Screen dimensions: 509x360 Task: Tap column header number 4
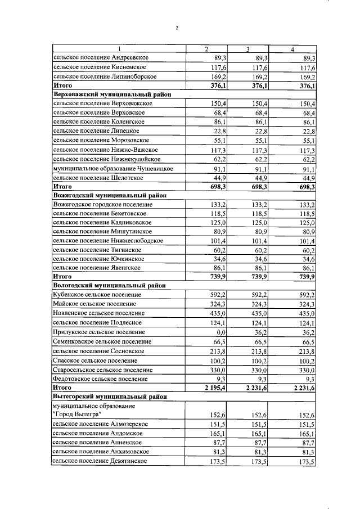point(292,49)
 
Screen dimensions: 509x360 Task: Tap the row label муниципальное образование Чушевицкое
point(112,168)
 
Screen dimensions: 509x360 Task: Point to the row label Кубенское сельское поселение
point(96,295)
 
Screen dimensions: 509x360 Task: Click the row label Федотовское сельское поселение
point(101,379)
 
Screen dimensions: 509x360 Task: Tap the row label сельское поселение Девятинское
point(100,461)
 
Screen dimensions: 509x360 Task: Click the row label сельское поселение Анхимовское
point(100,452)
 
